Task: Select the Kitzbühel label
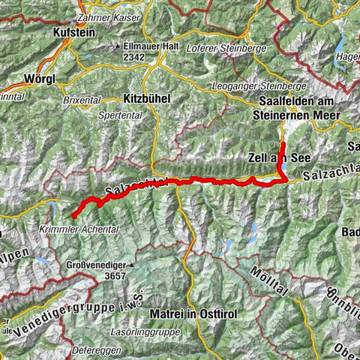[x=146, y=97]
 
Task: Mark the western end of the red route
[x=74, y=217]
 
